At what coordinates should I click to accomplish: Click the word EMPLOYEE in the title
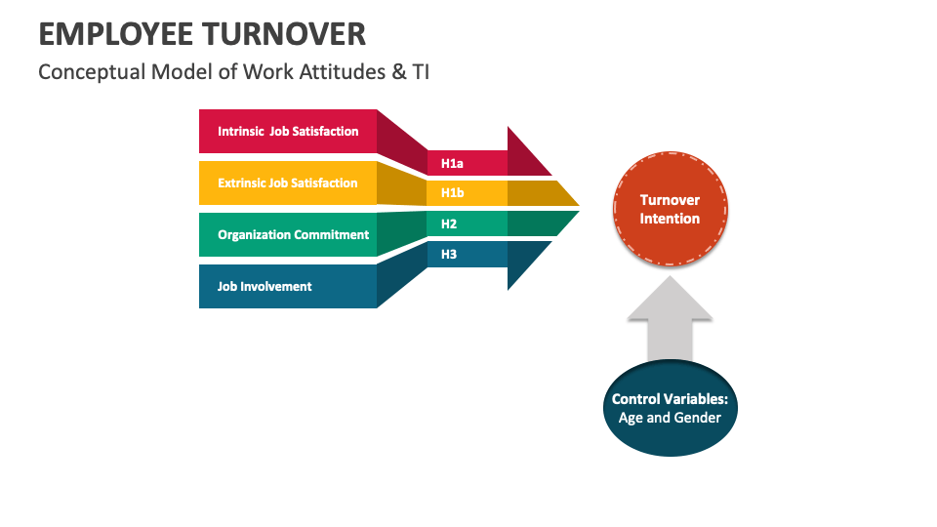[114, 33]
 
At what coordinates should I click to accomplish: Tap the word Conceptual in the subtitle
[86, 72]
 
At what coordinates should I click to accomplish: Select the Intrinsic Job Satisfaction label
[288, 131]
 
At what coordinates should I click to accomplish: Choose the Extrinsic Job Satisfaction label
[288, 182]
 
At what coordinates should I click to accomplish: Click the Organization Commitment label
[293, 234]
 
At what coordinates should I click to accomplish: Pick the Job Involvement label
[265, 286]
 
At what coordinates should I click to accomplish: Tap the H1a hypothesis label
[452, 163]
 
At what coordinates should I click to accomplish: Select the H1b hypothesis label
[452, 193]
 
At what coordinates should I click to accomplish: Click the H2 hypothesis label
[449, 223]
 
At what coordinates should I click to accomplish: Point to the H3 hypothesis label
[449, 254]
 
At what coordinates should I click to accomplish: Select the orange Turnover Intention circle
[670, 209]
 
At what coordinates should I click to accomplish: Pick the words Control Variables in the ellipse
[670, 399]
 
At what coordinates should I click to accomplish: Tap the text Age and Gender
[670, 418]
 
